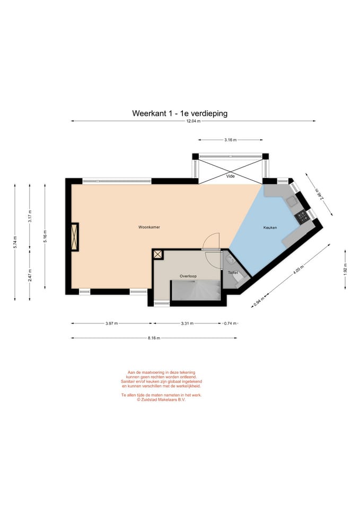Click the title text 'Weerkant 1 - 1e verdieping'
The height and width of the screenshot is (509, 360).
pos(180,113)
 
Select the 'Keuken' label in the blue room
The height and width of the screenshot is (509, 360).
pos(270,227)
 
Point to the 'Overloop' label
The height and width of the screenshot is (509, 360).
pos(188,276)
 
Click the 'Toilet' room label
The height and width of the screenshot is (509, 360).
pos(233,273)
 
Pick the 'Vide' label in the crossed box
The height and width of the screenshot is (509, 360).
pos(230,176)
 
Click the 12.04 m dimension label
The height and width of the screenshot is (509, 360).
pos(193,121)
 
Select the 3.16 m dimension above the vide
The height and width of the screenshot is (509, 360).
pos(230,140)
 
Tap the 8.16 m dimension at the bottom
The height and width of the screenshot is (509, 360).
pos(154,338)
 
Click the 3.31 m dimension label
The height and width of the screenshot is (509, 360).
pos(187,323)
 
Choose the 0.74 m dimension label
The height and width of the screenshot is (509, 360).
pos(230,323)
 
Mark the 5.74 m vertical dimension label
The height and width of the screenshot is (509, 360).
pos(15,242)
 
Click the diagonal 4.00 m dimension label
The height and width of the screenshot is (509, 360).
pos(298,270)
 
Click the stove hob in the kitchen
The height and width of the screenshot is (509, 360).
pos(302,215)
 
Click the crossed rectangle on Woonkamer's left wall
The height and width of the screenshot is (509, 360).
pos(75,236)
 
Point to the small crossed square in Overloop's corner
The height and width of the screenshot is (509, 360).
pos(158,254)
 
